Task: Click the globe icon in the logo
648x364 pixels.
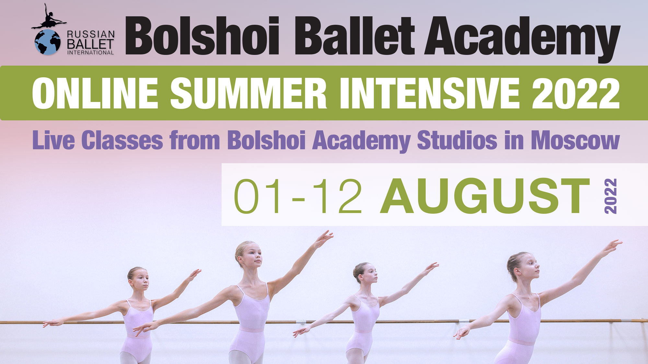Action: pos(47,42)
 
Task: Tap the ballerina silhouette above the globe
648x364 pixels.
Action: pos(49,18)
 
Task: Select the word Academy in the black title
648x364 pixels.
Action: pos(522,37)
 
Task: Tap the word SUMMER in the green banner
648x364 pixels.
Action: pos(248,94)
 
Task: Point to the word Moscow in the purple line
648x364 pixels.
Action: pos(575,140)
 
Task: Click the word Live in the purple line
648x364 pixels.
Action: pos(53,140)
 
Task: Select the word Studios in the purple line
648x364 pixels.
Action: pos(457,140)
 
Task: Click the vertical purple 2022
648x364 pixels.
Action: pos(610,196)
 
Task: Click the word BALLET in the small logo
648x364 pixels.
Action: pos(90,44)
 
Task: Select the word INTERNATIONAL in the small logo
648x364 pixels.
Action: pos(90,52)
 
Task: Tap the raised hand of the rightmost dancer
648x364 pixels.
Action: pos(614,243)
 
